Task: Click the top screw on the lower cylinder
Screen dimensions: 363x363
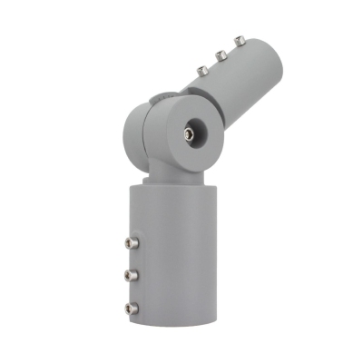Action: (131, 244)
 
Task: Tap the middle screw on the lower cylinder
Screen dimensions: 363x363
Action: (131, 275)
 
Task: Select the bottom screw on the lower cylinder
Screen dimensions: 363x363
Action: (132, 309)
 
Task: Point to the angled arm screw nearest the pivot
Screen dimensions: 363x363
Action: (200, 68)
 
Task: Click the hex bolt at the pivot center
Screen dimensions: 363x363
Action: (188, 132)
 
